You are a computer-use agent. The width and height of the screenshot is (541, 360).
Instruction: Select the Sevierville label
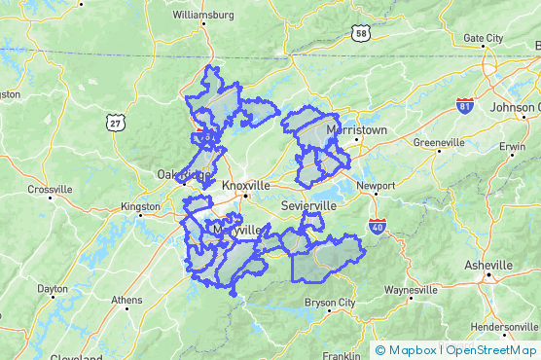[x=307, y=207]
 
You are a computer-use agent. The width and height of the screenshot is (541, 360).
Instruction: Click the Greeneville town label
[x=439, y=143]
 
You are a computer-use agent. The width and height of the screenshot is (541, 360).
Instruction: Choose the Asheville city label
[x=487, y=265]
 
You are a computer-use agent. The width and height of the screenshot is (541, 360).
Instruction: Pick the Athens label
[x=126, y=300]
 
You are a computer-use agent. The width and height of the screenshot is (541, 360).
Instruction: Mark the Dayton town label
[x=53, y=289]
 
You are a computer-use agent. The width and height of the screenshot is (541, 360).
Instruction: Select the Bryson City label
[x=331, y=304]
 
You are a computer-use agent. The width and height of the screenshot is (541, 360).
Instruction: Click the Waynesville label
[x=412, y=290]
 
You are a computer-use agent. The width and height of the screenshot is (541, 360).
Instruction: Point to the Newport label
[x=376, y=185]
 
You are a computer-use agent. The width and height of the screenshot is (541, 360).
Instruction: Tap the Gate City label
[x=484, y=38]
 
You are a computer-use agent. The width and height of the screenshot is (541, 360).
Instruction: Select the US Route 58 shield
[x=362, y=34]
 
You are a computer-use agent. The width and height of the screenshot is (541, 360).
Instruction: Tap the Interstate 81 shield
[x=465, y=105]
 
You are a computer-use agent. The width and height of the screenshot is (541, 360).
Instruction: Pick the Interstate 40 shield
[x=378, y=227]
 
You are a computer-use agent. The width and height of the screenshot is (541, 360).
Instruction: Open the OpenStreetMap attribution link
[x=491, y=350]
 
